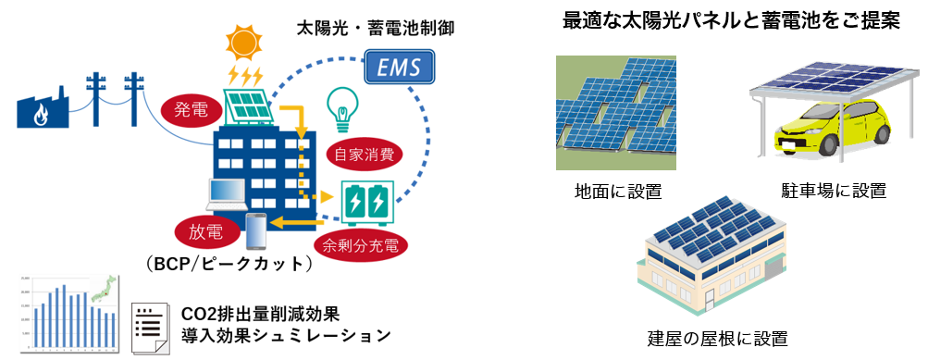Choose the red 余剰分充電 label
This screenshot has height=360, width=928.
pyautogui.click(x=362, y=245)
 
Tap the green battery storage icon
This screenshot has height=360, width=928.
pyautogui.click(x=373, y=203)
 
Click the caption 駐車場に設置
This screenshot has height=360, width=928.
pyautogui.click(x=834, y=191)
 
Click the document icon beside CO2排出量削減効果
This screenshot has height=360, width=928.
pyautogui.click(x=150, y=326)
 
